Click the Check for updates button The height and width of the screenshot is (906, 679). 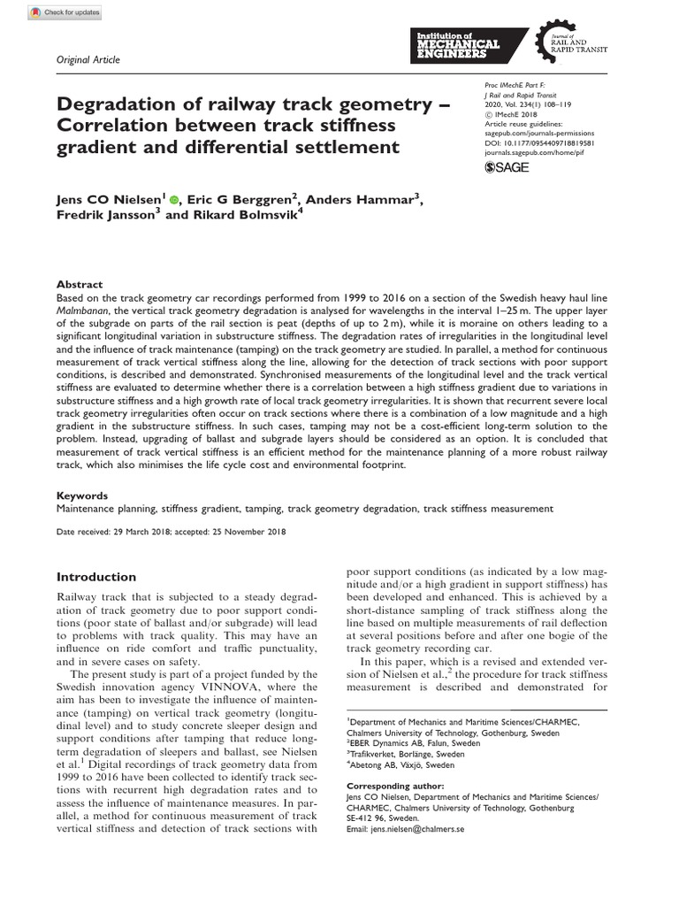[65, 12]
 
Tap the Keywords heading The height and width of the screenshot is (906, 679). [82, 496]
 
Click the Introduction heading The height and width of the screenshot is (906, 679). [96, 577]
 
